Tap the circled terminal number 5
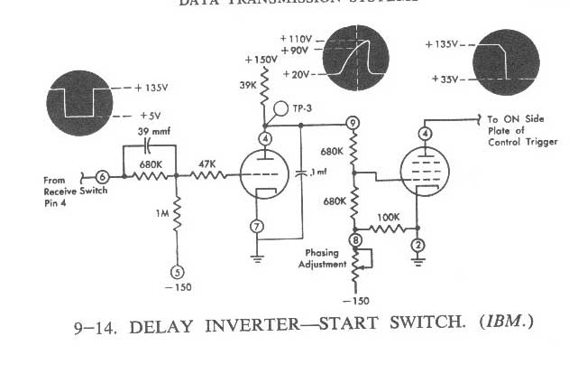(177, 270)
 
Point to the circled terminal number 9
(353, 123)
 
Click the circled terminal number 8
(355, 240)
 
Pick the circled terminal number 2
(417, 246)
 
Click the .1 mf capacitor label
(318, 172)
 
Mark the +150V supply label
(260, 60)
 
